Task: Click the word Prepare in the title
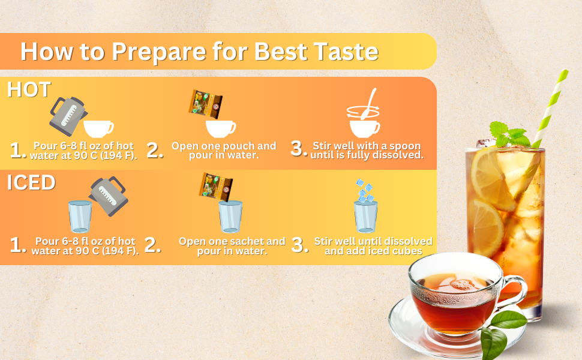click(158, 52)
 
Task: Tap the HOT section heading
click(29, 89)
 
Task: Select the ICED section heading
click(31, 182)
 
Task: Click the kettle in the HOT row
click(68, 116)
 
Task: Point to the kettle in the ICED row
click(109, 196)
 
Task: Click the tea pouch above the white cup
click(206, 104)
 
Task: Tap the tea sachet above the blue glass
click(215, 187)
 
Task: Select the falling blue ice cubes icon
click(364, 190)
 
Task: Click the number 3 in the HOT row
click(298, 148)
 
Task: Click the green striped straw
click(550, 107)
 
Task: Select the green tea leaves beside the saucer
click(501, 334)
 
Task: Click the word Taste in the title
click(346, 51)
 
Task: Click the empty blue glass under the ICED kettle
click(80, 217)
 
